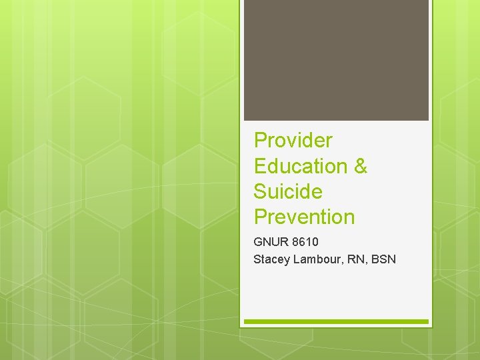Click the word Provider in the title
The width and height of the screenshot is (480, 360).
pyautogui.click(x=293, y=141)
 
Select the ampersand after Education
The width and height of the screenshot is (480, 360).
pyautogui.click(x=361, y=166)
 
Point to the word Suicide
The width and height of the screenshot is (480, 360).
pyautogui.click(x=288, y=192)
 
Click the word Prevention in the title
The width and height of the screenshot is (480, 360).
pyautogui.click(x=304, y=217)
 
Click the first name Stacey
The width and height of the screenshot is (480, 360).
pyautogui.click(x=271, y=259)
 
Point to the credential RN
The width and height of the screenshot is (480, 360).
pyautogui.click(x=356, y=259)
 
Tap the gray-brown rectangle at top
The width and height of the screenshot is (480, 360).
pyautogui.click(x=336, y=60)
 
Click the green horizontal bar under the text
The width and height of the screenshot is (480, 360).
pyautogui.click(x=336, y=321)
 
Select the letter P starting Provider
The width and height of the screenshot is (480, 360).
pyautogui.click(x=261, y=141)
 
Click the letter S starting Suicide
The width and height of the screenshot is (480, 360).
pyautogui.click(x=261, y=192)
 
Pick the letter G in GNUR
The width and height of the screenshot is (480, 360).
pyautogui.click(x=258, y=242)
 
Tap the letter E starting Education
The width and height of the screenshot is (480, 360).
pyautogui.click(x=261, y=166)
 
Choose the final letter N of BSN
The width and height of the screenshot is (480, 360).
pyautogui.click(x=392, y=259)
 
